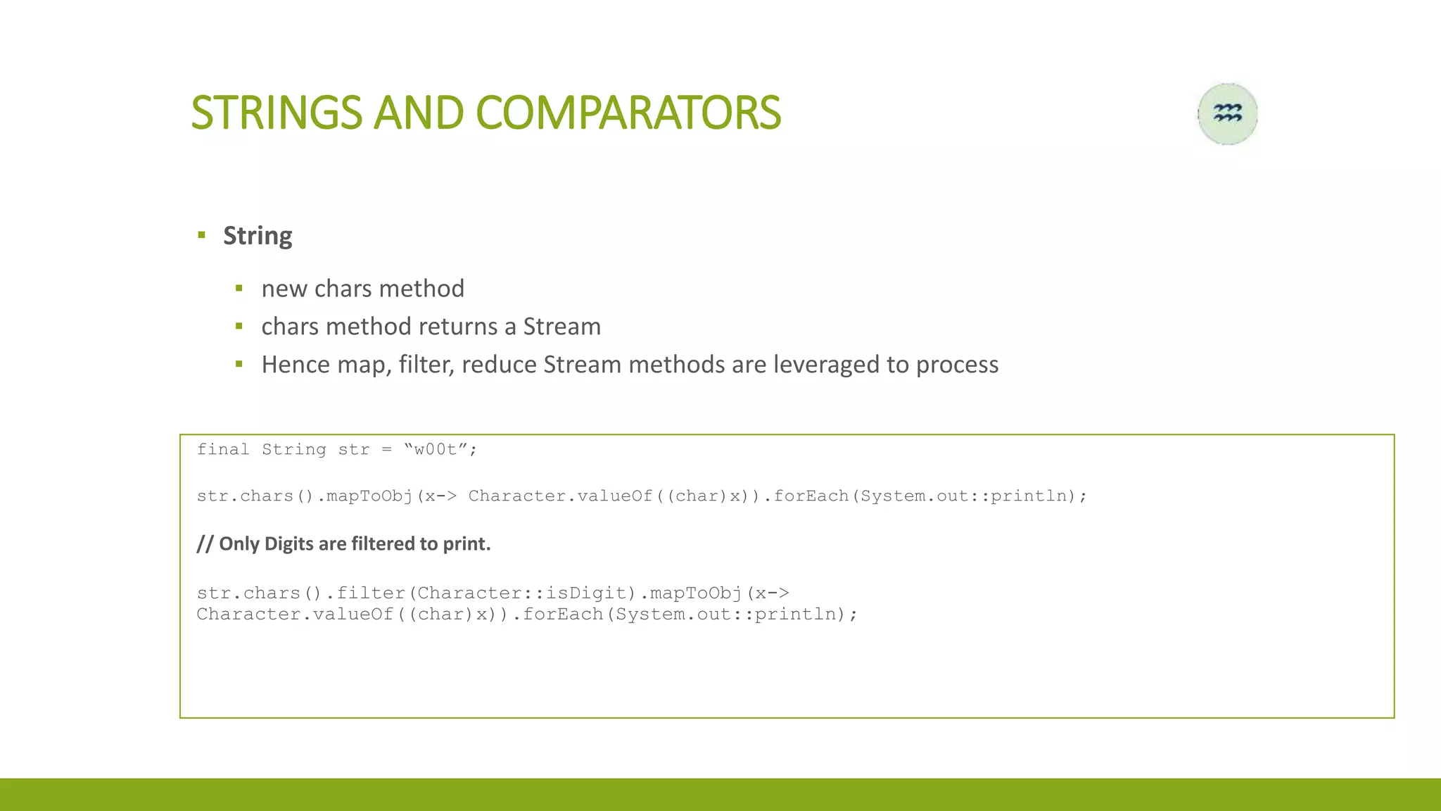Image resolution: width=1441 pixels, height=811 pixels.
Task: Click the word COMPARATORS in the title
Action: tap(628, 113)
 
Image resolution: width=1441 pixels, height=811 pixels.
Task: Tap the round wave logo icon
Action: tap(1228, 114)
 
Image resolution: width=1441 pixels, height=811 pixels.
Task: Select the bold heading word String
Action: tap(258, 236)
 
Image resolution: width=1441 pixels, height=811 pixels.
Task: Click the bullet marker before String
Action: tap(202, 235)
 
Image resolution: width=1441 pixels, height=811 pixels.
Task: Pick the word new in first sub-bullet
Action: tap(284, 289)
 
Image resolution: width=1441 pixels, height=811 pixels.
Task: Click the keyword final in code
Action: tap(222, 450)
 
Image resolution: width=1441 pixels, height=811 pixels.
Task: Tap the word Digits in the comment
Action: tap(289, 544)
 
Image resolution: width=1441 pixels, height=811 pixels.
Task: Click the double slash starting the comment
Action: tap(205, 544)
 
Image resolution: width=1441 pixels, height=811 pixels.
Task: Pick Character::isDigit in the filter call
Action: tap(521, 593)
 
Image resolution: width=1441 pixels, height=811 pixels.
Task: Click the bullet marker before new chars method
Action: tap(239, 289)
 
